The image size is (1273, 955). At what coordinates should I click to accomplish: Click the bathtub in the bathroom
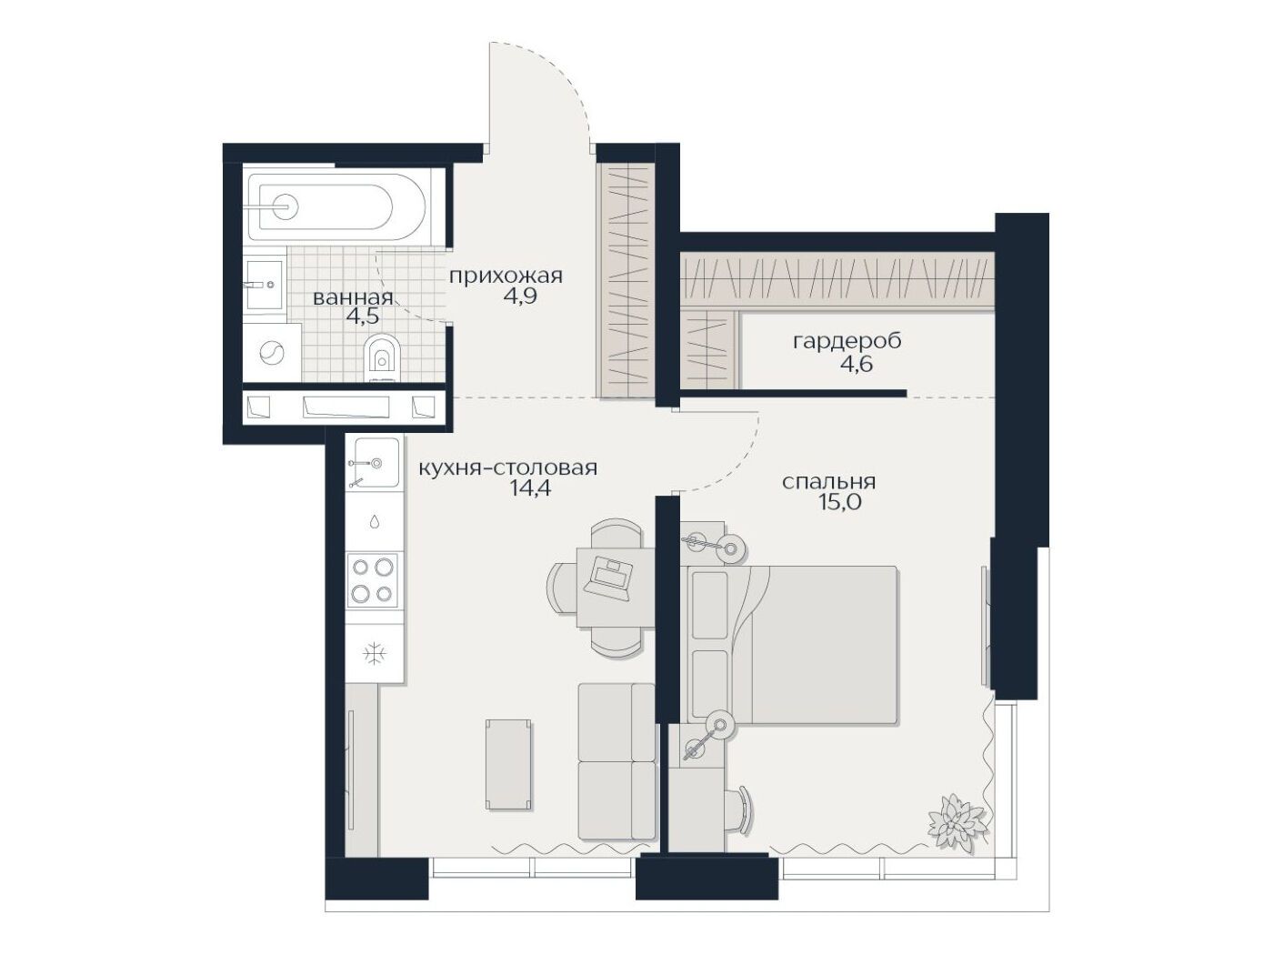coord(336,207)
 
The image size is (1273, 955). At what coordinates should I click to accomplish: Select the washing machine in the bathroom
coord(271,353)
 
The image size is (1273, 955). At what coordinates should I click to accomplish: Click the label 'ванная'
coord(353,298)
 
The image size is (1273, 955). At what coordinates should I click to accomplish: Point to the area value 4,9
coord(520,296)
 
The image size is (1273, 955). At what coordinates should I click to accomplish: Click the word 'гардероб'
coord(847,342)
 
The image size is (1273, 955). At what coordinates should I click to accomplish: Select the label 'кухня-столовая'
coord(507,467)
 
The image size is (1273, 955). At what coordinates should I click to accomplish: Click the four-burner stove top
coord(372,580)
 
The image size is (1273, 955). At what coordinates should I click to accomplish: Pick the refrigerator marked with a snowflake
coord(374,653)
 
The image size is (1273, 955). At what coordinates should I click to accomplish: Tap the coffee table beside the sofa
coord(508,764)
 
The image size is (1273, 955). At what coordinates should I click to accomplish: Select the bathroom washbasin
coord(265,285)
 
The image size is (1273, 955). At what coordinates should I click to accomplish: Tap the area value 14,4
coord(530,488)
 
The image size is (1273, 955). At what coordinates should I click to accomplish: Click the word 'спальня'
coord(828,482)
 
